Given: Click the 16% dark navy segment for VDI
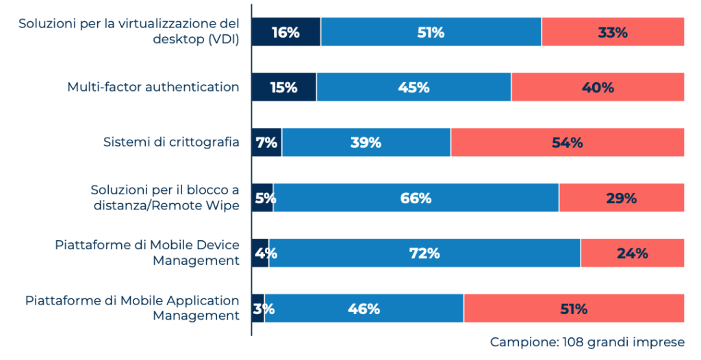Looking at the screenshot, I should pyautogui.click(x=285, y=32).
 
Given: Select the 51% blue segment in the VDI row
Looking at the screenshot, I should pyautogui.click(x=431, y=32).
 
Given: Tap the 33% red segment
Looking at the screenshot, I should pyautogui.click(x=613, y=32).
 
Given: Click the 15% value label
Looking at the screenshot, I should pyautogui.click(x=283, y=88).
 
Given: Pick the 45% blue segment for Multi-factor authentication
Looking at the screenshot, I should pyautogui.click(x=413, y=88).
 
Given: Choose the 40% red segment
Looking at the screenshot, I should pyautogui.click(x=598, y=88).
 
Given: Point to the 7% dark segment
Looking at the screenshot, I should pyautogui.click(x=266, y=142).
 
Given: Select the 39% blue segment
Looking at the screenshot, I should pyautogui.click(x=366, y=142).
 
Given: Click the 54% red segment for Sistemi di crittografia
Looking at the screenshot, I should pyautogui.click(x=568, y=142).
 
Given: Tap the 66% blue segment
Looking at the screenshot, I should pyautogui.click(x=416, y=198).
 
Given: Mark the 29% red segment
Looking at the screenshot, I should pyautogui.click(x=622, y=198).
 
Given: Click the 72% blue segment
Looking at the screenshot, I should pyautogui.click(x=424, y=253).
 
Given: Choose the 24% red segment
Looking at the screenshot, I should pyautogui.click(x=633, y=253).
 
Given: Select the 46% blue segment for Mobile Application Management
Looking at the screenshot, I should pyautogui.click(x=364, y=309).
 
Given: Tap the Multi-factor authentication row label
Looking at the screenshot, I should pyautogui.click(x=153, y=87).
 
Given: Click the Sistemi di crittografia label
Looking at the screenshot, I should pyautogui.click(x=171, y=142).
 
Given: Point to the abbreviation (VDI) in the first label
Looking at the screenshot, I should pyautogui.click(x=223, y=39).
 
